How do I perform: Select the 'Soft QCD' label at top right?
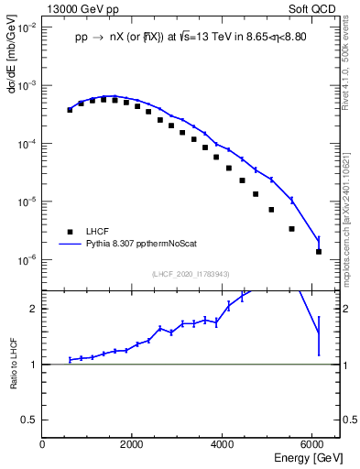click(x=317, y=8)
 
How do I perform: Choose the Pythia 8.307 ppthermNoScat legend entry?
click(x=148, y=245)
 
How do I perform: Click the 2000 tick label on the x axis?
click(x=133, y=444)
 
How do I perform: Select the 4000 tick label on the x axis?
click(x=223, y=444)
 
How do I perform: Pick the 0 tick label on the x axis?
click(x=43, y=444)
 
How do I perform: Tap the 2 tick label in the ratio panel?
click(x=34, y=309)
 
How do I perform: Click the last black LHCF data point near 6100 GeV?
click(x=319, y=251)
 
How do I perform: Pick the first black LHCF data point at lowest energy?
click(x=70, y=110)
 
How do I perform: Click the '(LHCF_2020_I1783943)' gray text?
click(x=191, y=275)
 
